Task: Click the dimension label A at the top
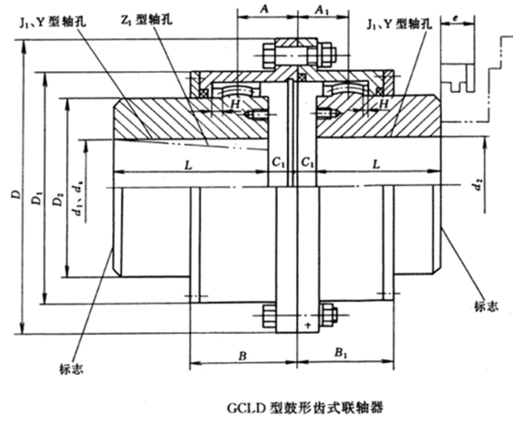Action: [265, 9]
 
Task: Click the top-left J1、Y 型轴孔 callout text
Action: [53, 22]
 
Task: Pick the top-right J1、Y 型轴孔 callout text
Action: [400, 24]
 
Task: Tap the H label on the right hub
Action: [382, 104]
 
